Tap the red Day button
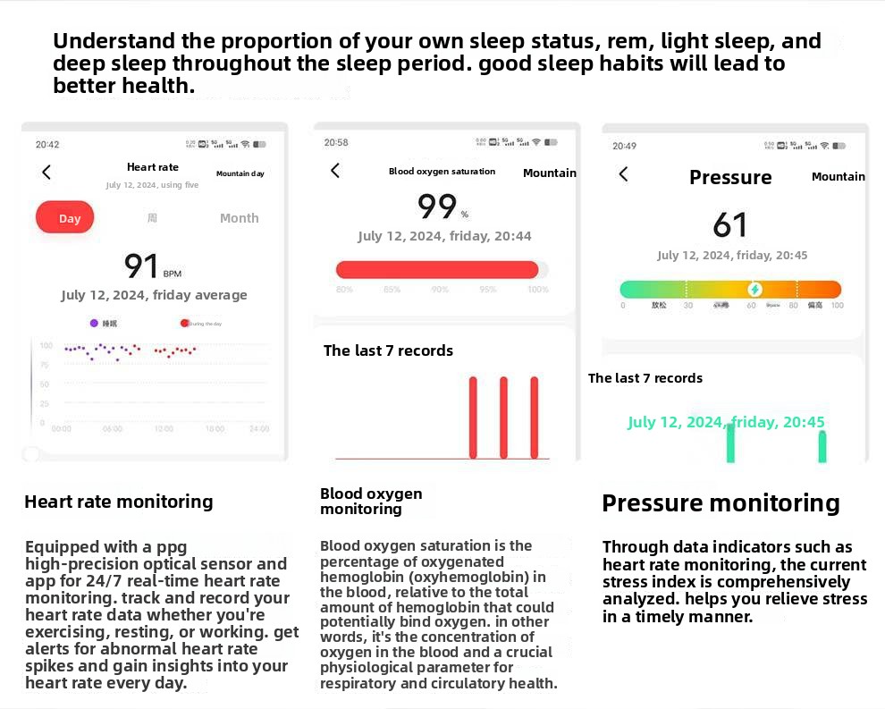[x=65, y=218]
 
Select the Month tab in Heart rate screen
[x=239, y=218]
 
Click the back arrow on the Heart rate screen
[x=46, y=173]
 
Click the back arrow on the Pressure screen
[x=623, y=174]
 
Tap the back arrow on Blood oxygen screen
[x=335, y=171]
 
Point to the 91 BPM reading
[x=151, y=266]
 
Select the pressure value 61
[x=730, y=225]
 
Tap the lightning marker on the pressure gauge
[x=754, y=290]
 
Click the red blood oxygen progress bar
[x=437, y=270]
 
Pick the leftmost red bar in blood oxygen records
[x=473, y=417]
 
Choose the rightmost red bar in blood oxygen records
[x=535, y=417]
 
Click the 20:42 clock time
[x=47, y=145]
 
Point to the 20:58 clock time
[x=336, y=142]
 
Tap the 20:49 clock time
[x=624, y=146]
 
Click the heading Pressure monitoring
[x=721, y=503]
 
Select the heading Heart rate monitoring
[x=119, y=502]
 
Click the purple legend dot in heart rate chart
[x=94, y=324]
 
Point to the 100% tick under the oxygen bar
[x=537, y=290]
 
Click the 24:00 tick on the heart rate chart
[x=258, y=429]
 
